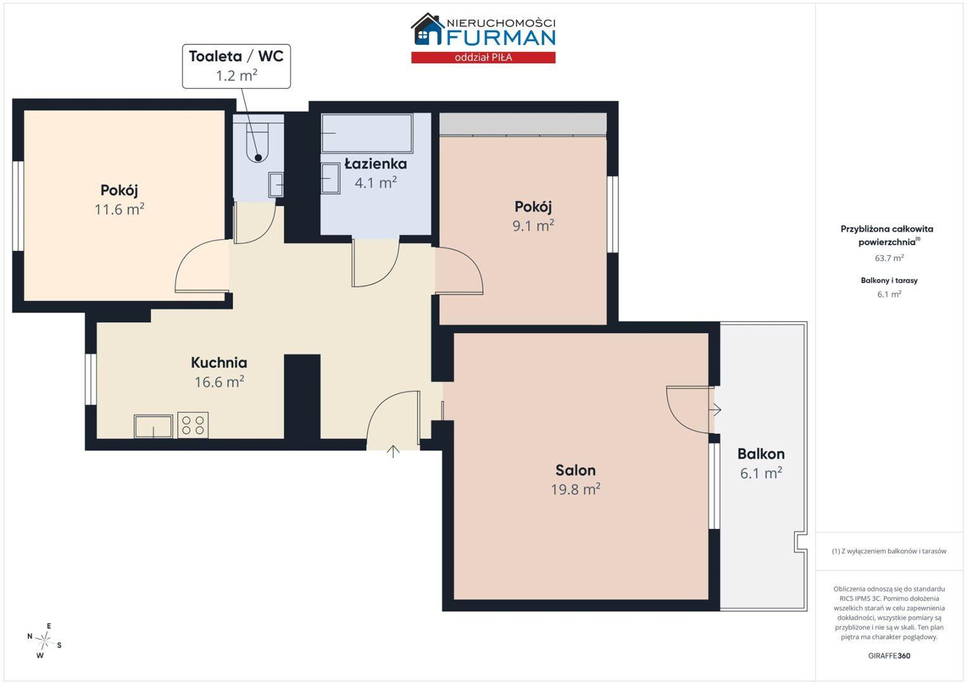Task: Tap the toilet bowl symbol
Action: coord(258,138)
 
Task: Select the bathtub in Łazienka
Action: coord(367,133)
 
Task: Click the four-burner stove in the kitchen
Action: coord(193,424)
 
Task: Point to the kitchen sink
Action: coord(153,426)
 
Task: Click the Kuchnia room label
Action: coord(219,362)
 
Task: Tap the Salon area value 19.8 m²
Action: coord(575,489)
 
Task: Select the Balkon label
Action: coord(760,453)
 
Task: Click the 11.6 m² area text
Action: coord(119,209)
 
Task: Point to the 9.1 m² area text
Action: coord(533,225)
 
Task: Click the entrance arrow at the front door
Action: coord(393,452)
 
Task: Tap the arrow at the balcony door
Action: coord(715,409)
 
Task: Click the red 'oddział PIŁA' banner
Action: coord(483,58)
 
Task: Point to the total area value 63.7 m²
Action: coord(889,258)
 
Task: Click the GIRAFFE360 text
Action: coord(889,655)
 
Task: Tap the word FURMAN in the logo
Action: coord(501,37)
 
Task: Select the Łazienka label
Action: coord(376,163)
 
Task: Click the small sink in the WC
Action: coord(276,185)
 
